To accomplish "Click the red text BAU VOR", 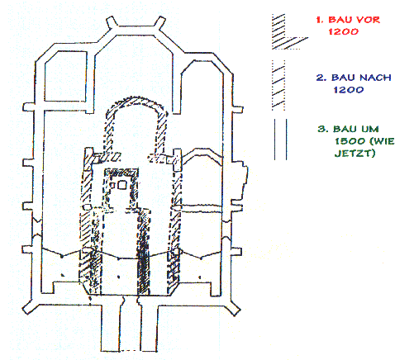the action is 355,20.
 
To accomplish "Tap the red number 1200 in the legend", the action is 343,31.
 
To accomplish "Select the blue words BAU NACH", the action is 361,78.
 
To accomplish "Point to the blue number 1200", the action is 349,90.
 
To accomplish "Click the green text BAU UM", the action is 356,129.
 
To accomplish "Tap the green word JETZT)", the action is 355,153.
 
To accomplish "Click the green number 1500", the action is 350,141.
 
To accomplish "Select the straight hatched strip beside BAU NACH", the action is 278,85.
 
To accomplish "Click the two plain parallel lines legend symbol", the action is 280,140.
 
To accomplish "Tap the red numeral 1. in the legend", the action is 320,20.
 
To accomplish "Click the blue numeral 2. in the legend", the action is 321,78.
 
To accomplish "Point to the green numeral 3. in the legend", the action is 323,129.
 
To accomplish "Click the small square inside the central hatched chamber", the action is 121,184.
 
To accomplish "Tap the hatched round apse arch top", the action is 136,101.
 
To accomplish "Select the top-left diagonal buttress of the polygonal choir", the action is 112,23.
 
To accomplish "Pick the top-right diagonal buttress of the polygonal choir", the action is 159,22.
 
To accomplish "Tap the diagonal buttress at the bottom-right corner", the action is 233,308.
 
